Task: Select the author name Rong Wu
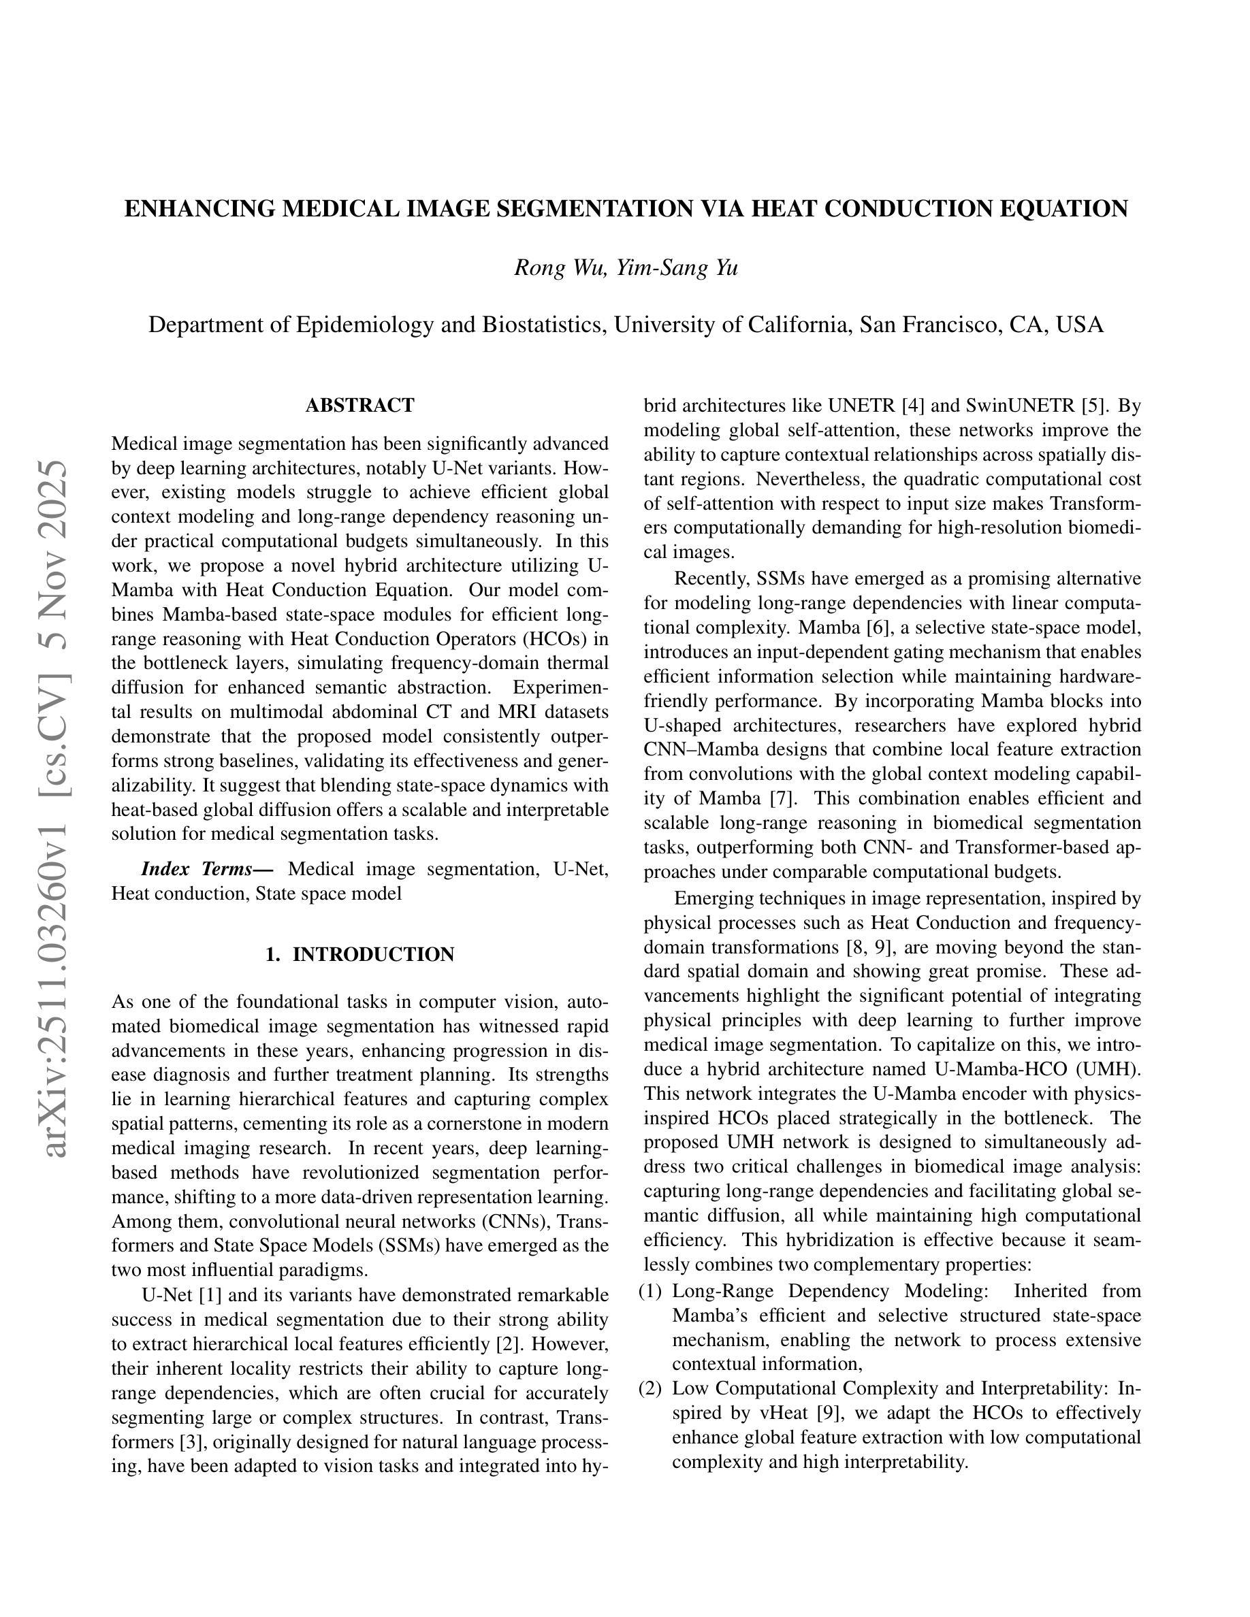tap(560, 267)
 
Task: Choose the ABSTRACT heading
tap(360, 406)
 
